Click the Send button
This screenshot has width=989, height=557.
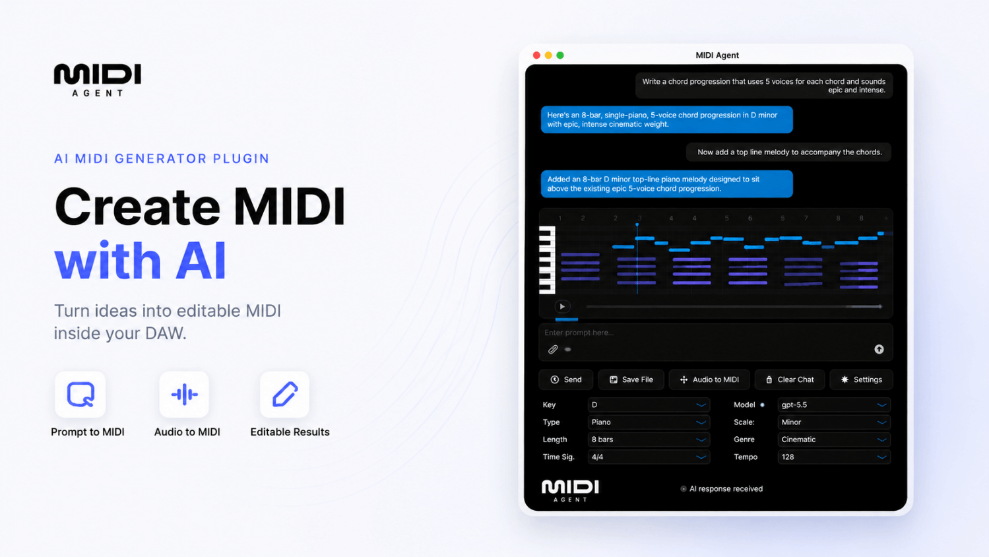click(x=565, y=379)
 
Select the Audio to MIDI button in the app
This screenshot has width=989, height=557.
click(x=709, y=379)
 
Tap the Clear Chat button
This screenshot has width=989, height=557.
click(x=790, y=379)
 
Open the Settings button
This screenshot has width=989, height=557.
click(x=862, y=379)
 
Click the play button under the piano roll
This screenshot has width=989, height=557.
click(x=562, y=307)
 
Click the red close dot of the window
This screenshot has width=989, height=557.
click(x=536, y=55)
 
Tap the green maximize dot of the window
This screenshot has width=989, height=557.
click(x=560, y=55)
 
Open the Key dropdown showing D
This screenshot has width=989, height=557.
click(x=649, y=405)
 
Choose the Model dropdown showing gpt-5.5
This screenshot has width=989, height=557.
click(x=834, y=405)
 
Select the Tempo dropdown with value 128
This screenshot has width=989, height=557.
click(x=834, y=457)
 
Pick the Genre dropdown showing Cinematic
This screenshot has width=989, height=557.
click(x=834, y=440)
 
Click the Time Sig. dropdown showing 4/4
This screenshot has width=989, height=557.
click(x=649, y=457)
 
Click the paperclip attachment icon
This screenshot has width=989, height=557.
click(x=553, y=349)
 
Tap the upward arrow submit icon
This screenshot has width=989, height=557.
click(x=879, y=349)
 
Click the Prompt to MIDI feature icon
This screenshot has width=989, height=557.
click(x=80, y=394)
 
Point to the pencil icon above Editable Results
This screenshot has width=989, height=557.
click(x=285, y=394)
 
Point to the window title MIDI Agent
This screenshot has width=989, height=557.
click(x=717, y=55)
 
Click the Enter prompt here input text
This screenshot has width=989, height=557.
click(x=579, y=333)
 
